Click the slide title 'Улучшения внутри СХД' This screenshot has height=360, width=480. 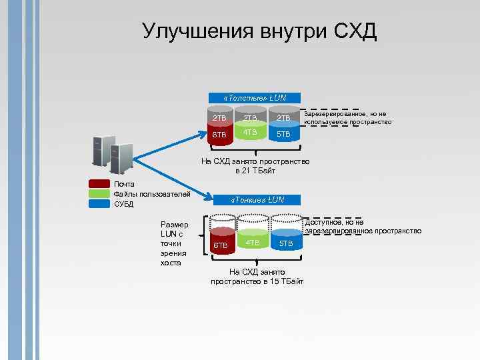click(x=259, y=31)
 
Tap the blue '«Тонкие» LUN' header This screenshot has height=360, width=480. click(x=257, y=199)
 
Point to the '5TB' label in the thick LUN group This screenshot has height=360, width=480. click(x=284, y=135)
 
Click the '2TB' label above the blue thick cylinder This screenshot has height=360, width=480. click(x=284, y=118)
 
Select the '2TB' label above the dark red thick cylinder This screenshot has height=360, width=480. click(x=219, y=118)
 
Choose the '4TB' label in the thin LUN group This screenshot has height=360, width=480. click(x=253, y=242)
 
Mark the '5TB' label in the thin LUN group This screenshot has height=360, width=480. click(x=286, y=244)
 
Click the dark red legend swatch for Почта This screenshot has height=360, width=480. click(x=99, y=184)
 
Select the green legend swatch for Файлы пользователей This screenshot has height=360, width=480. click(x=99, y=194)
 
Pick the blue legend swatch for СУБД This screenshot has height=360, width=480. click(x=99, y=204)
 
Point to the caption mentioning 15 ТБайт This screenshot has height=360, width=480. click(x=257, y=277)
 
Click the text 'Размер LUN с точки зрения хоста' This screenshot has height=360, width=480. click(x=175, y=243)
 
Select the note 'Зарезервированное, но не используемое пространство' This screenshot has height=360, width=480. click(x=347, y=118)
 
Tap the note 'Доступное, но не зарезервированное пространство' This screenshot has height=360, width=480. click(x=363, y=227)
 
